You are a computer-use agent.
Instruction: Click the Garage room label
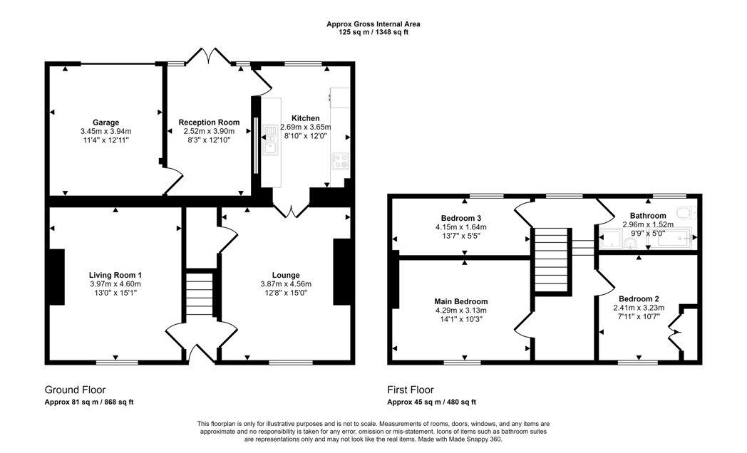[105, 122]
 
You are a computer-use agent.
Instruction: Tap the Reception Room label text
[209, 123]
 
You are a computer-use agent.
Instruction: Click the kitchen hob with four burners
[340, 161]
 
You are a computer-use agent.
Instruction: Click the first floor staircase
[554, 262]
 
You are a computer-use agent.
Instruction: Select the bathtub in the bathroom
[672, 240]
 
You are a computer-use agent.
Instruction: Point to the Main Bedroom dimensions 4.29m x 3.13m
[460, 311]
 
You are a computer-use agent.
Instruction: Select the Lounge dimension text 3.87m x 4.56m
[286, 284]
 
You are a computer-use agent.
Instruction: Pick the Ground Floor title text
[75, 390]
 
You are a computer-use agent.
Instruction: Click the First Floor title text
[410, 390]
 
